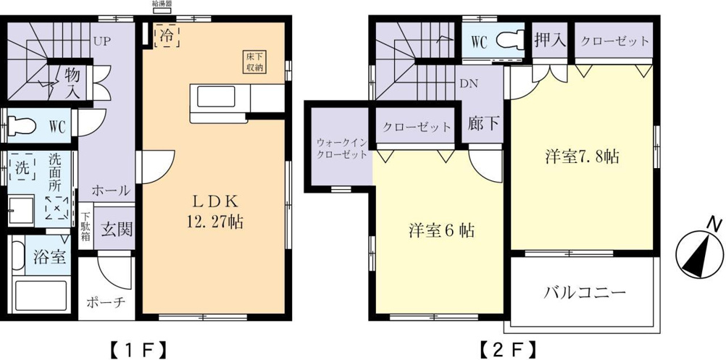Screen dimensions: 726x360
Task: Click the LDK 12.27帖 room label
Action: (x=215, y=212)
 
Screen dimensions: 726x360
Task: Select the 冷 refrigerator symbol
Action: (x=167, y=36)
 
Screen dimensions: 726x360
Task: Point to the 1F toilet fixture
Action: (x=21, y=125)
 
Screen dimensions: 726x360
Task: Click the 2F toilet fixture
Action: (x=510, y=41)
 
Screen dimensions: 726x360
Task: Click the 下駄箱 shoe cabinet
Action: (x=86, y=227)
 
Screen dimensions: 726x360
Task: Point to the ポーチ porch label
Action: (x=106, y=302)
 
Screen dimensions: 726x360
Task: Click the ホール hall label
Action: (x=110, y=190)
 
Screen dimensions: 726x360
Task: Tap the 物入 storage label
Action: (x=72, y=83)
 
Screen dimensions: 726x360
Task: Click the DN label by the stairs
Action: (x=468, y=84)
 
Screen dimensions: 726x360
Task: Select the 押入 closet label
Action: (x=550, y=41)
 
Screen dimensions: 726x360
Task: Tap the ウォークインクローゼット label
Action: (x=342, y=148)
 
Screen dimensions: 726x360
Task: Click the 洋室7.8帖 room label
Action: (x=582, y=157)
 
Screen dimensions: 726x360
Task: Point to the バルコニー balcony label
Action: (x=585, y=293)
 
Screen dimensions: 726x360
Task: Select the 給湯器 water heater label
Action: (x=161, y=3)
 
